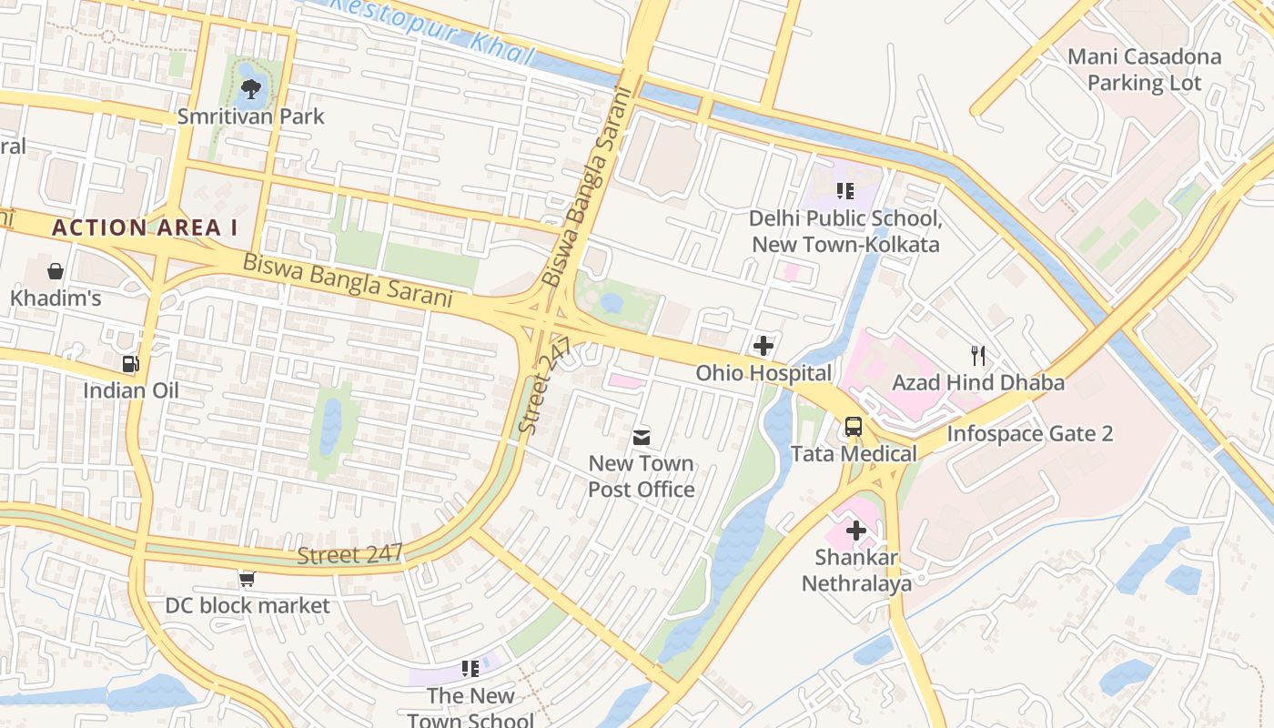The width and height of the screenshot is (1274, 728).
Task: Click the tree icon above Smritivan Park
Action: (x=250, y=89)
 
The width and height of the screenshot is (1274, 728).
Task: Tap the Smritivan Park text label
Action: (x=250, y=116)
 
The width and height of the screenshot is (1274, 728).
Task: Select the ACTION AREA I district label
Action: (x=144, y=227)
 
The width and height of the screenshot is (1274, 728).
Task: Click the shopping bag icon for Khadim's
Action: (x=56, y=271)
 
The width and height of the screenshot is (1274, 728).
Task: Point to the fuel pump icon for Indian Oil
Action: (x=131, y=364)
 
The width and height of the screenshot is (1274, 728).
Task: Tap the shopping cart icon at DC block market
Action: (x=247, y=579)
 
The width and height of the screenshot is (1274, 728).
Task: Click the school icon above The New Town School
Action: (x=470, y=669)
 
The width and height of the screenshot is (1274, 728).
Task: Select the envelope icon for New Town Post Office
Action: (x=642, y=438)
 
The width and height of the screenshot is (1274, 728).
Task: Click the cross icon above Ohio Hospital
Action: (x=763, y=346)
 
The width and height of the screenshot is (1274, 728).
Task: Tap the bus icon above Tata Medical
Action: (x=854, y=426)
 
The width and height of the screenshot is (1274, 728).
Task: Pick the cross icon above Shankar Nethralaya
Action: (x=856, y=531)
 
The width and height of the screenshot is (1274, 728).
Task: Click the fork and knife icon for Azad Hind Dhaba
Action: (x=978, y=355)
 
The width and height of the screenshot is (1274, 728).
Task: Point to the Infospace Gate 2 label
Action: (x=1030, y=434)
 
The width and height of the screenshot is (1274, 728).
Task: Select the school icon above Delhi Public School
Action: (x=845, y=191)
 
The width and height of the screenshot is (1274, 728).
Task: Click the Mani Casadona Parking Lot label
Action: (x=1145, y=70)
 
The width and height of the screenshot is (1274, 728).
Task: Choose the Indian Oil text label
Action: (x=131, y=390)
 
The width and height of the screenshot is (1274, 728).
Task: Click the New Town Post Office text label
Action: (x=642, y=476)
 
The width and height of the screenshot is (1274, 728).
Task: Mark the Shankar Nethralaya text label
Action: (x=856, y=571)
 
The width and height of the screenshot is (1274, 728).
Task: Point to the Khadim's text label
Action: (x=56, y=298)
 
